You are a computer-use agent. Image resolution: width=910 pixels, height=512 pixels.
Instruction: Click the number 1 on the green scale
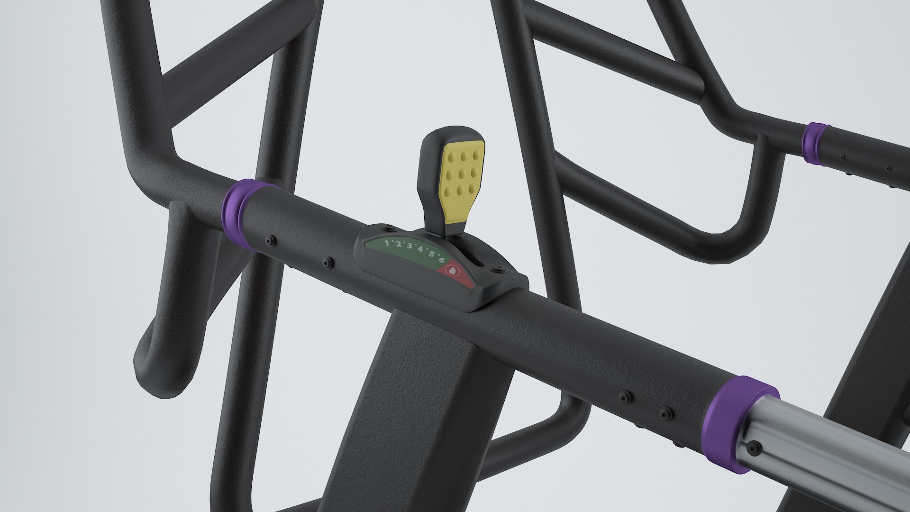tap(386, 243)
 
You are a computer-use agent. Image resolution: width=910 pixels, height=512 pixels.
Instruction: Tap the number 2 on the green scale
tap(398, 245)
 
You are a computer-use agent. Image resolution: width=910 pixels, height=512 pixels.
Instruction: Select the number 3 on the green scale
tap(409, 247)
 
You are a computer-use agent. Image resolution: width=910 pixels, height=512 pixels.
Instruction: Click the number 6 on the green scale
tap(442, 259)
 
